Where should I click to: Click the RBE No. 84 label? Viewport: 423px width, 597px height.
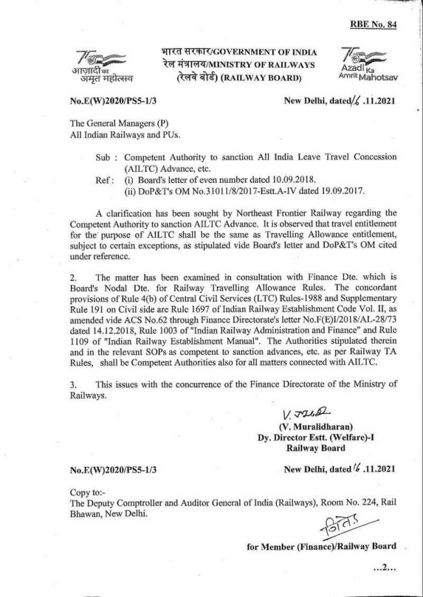(373, 25)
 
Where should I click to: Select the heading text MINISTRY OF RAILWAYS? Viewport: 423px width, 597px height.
(268, 64)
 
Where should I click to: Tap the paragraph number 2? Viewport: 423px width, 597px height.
(73, 278)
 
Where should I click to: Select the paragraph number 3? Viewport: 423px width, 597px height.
(73, 385)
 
